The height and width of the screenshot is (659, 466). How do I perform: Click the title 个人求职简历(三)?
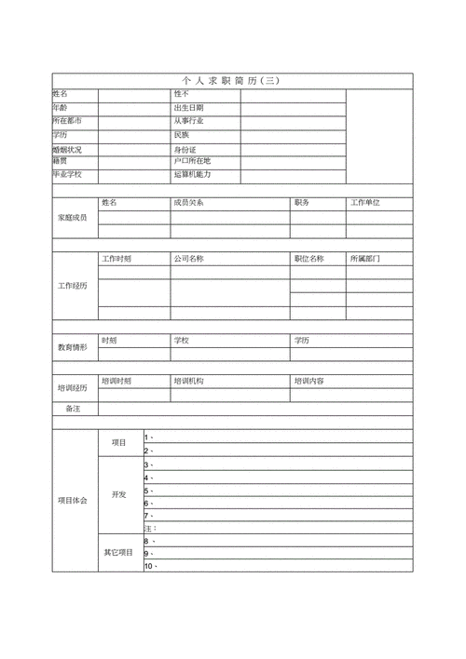click(232, 81)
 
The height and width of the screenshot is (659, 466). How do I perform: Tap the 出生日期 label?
click(188, 108)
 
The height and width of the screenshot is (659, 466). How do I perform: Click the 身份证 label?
click(185, 149)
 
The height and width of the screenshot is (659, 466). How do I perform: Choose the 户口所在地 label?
click(192, 161)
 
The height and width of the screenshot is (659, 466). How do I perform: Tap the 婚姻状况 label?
click(68, 149)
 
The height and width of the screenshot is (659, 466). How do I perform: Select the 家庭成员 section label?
click(73, 217)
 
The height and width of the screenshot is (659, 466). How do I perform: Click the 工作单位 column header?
click(365, 202)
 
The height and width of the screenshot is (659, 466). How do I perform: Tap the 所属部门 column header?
click(365, 258)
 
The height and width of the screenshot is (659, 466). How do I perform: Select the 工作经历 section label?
click(73, 285)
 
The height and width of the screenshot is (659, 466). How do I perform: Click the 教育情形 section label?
click(73, 346)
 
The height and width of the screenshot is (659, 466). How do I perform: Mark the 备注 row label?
click(73, 408)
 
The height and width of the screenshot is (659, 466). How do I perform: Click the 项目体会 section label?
click(73, 501)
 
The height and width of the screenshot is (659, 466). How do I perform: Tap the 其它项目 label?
click(118, 553)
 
